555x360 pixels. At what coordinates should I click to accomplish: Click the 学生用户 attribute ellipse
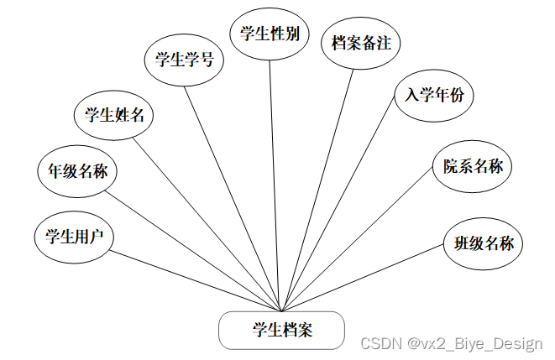point(74,237)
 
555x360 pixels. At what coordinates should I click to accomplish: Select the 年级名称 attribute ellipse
point(77,172)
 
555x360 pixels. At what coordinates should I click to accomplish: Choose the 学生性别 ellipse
point(270,34)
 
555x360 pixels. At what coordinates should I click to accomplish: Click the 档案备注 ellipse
point(362,43)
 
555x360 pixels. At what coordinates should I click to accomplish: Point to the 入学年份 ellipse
point(433,96)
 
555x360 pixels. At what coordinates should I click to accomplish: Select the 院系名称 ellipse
point(473,166)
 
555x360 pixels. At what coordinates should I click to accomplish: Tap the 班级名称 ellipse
point(484,244)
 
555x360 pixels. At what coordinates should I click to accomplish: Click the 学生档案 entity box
point(281,331)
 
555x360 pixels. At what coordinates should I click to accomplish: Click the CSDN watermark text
point(451,344)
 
